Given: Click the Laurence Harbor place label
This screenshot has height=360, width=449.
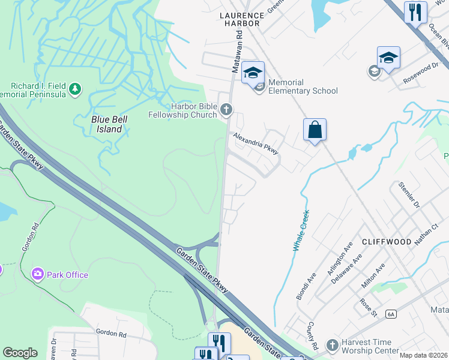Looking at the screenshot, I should click(242, 19).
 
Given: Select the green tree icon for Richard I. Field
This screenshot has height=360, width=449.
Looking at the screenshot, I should click(74, 89).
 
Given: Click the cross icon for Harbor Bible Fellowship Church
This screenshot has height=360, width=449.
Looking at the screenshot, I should click(226, 109).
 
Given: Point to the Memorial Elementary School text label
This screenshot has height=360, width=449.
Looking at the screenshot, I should click(303, 86).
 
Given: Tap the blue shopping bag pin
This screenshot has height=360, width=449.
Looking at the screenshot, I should click(315, 129).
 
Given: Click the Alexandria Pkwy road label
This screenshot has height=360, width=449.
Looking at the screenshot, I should click(256, 143).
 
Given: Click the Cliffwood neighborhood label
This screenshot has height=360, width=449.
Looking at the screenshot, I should click(387, 242).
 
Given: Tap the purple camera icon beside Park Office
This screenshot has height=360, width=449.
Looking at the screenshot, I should click(38, 274).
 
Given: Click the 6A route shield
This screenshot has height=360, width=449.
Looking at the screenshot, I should click(391, 314).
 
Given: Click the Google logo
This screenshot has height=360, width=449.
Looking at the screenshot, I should click(20, 353).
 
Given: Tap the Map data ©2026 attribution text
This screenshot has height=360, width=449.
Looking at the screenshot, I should click(423, 355).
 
